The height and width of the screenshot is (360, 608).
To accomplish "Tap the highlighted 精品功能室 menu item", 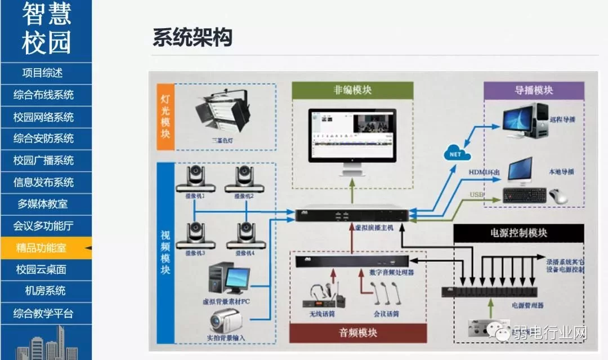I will [x=42, y=248].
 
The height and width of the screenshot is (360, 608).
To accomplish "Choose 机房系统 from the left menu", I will [x=45, y=291].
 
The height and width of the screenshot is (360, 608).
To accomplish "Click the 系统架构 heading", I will [x=193, y=37].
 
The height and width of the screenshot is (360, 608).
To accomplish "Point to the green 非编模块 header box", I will [x=352, y=90].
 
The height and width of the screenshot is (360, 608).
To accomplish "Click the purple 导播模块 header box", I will [x=534, y=90].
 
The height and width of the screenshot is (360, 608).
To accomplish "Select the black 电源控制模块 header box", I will [x=518, y=232].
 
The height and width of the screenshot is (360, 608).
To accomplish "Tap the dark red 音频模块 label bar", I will [x=358, y=333].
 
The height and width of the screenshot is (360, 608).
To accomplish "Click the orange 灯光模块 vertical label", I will [x=165, y=117].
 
